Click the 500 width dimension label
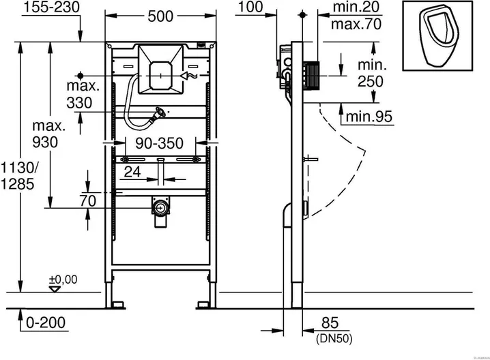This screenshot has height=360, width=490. [x=160, y=18]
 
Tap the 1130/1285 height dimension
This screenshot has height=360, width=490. [x=17, y=176]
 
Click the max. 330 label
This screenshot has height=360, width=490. [x=83, y=94]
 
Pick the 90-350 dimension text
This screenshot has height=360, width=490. [x=160, y=145]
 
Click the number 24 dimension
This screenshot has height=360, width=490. [x=133, y=172]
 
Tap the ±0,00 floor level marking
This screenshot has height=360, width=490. [x=62, y=279]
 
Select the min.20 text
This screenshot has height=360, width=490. [x=355, y=7]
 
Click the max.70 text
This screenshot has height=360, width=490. [x=355, y=25]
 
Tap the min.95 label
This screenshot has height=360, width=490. [x=369, y=117]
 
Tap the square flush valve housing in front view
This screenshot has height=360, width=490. [x=160, y=69]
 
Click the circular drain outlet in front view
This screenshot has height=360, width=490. [x=160, y=207]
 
